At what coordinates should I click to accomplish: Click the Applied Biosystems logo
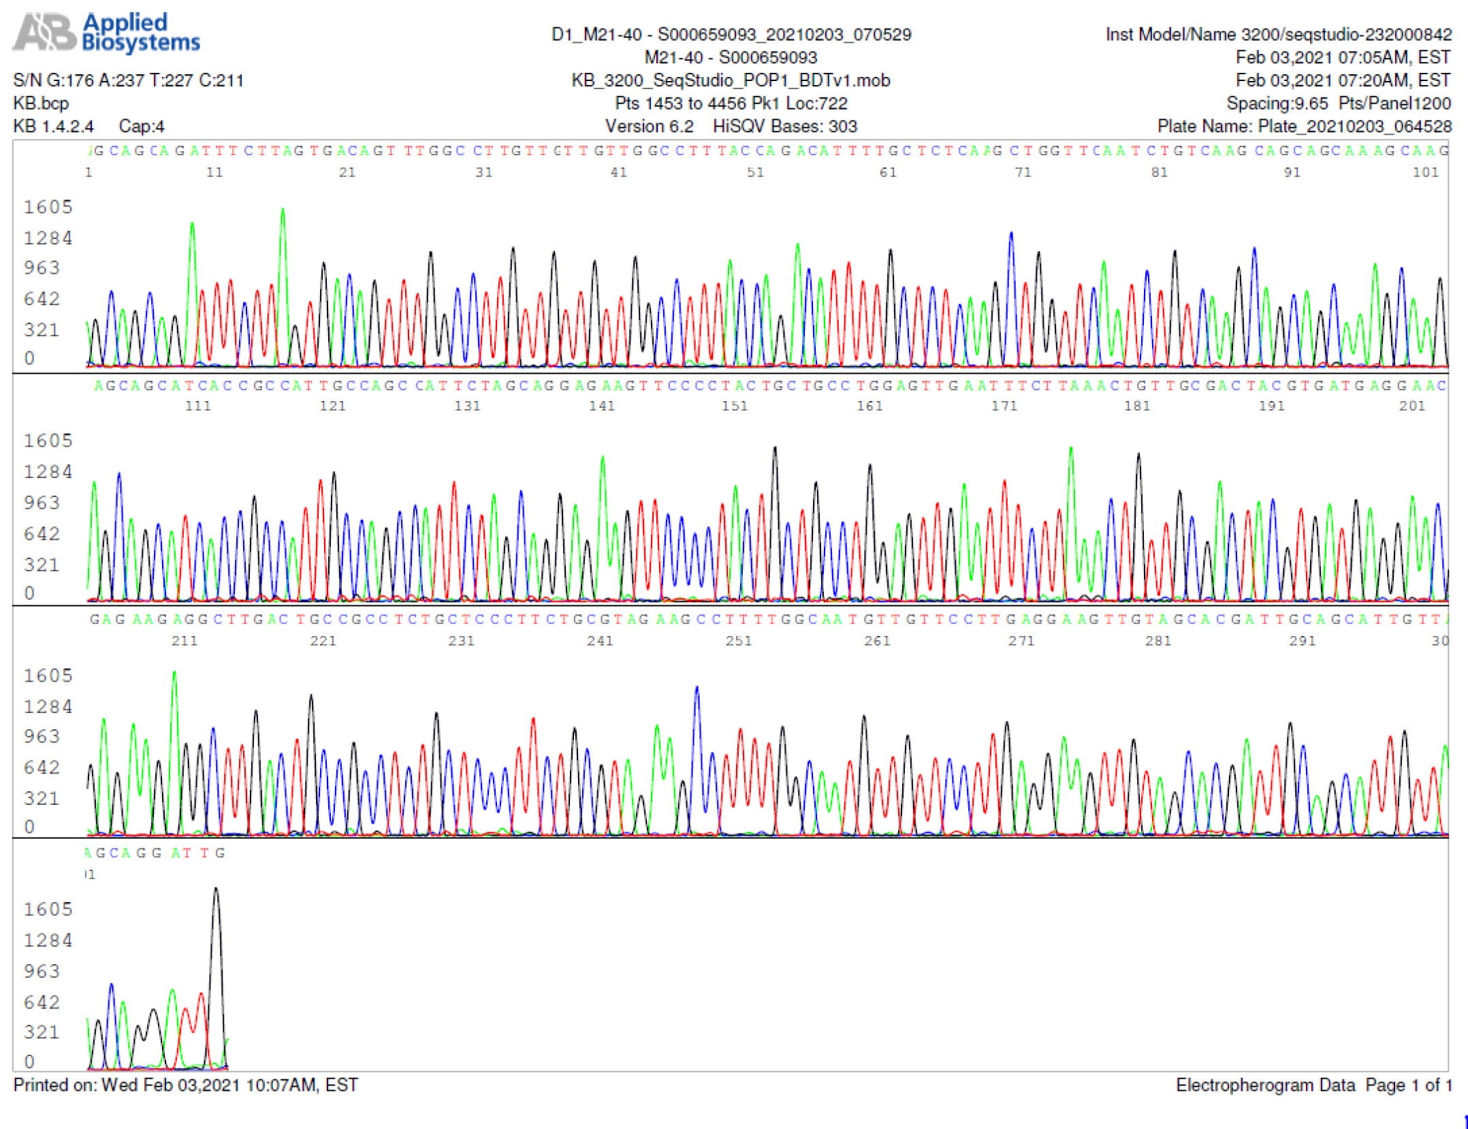click(x=106, y=33)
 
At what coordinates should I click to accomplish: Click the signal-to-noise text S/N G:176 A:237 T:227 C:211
click(x=128, y=80)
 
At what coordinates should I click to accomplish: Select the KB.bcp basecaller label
click(x=41, y=104)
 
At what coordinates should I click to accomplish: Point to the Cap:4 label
click(x=141, y=127)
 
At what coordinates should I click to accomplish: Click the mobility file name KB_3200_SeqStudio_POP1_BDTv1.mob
click(x=731, y=80)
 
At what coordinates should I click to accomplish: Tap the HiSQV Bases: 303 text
click(x=784, y=127)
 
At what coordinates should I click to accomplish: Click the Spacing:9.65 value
click(x=1277, y=104)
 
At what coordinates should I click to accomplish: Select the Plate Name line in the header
click(x=1304, y=127)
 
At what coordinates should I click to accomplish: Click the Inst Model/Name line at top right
click(x=1278, y=35)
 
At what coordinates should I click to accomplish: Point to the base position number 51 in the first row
click(x=755, y=173)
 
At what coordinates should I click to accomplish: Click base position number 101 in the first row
click(x=1425, y=173)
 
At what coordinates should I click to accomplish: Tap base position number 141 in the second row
click(x=602, y=407)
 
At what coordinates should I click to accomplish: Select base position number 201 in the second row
click(x=1411, y=407)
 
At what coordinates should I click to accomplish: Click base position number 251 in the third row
click(x=739, y=641)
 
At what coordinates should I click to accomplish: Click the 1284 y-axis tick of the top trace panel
click(x=48, y=238)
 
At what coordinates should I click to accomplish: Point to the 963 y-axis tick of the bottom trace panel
click(x=42, y=972)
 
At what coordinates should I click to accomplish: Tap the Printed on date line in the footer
click(x=185, y=1085)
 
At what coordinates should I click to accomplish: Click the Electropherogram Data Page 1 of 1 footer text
click(x=1313, y=1085)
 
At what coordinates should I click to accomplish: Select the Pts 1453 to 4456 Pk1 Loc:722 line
click(x=731, y=104)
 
